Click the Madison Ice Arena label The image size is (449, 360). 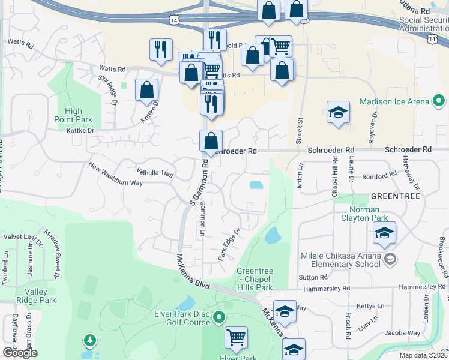(394, 101)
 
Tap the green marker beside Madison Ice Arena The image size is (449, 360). (439, 101)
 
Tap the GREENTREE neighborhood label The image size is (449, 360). (395, 196)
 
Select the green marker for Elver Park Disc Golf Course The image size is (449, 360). (219, 316)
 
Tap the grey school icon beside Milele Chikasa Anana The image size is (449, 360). (390, 259)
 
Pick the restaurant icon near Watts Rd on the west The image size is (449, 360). (161, 50)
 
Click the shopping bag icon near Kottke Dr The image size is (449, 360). (146, 90)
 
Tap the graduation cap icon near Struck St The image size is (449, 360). (338, 112)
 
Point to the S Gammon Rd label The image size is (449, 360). (199, 182)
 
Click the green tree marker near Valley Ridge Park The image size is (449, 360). (90, 341)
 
